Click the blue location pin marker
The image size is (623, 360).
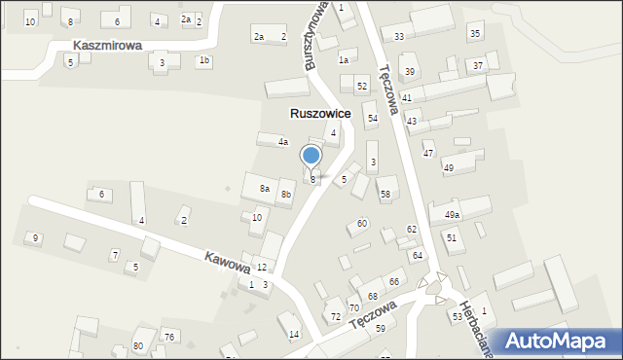coord(311,156)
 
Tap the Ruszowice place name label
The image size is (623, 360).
coord(320,114)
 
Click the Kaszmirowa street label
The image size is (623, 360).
coord(107,46)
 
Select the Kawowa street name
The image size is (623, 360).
coord(226,263)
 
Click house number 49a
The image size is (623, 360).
coord(452,215)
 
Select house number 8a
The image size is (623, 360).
coord(264,188)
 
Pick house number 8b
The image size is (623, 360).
coord(286,195)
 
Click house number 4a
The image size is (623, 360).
coord(283,142)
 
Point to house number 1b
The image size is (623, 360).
coord(203,60)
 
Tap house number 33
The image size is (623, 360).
coord(399,37)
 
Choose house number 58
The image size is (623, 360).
coord(385,195)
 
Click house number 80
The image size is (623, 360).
coord(138,345)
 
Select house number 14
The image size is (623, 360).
coord(294,334)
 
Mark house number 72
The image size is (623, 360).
coord(335,316)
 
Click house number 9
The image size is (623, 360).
coord(35,237)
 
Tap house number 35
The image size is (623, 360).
coord(474,34)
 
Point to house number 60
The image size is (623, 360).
coord(362,224)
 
